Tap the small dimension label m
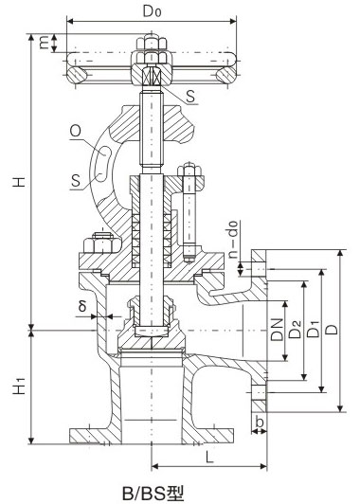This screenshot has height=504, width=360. point(44,41)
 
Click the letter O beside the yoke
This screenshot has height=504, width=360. point(73,133)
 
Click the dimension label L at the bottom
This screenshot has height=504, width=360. point(207,456)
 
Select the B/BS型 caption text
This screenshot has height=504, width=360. point(152,492)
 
